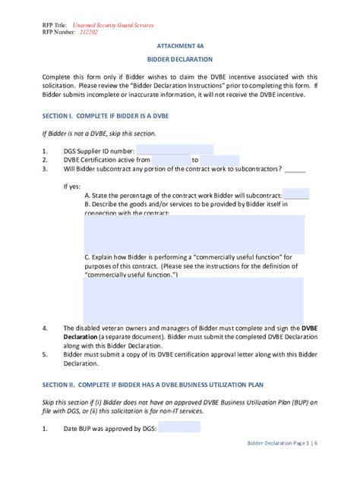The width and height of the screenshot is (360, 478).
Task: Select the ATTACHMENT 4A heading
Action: pyautogui.click(x=179, y=46)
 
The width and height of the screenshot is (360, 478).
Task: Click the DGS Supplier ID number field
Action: pyautogui.click(x=175, y=150)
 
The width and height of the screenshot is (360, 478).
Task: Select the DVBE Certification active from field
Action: pyautogui.click(x=170, y=160)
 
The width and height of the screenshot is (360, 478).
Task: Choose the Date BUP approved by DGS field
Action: pyautogui.click(x=168, y=427)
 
